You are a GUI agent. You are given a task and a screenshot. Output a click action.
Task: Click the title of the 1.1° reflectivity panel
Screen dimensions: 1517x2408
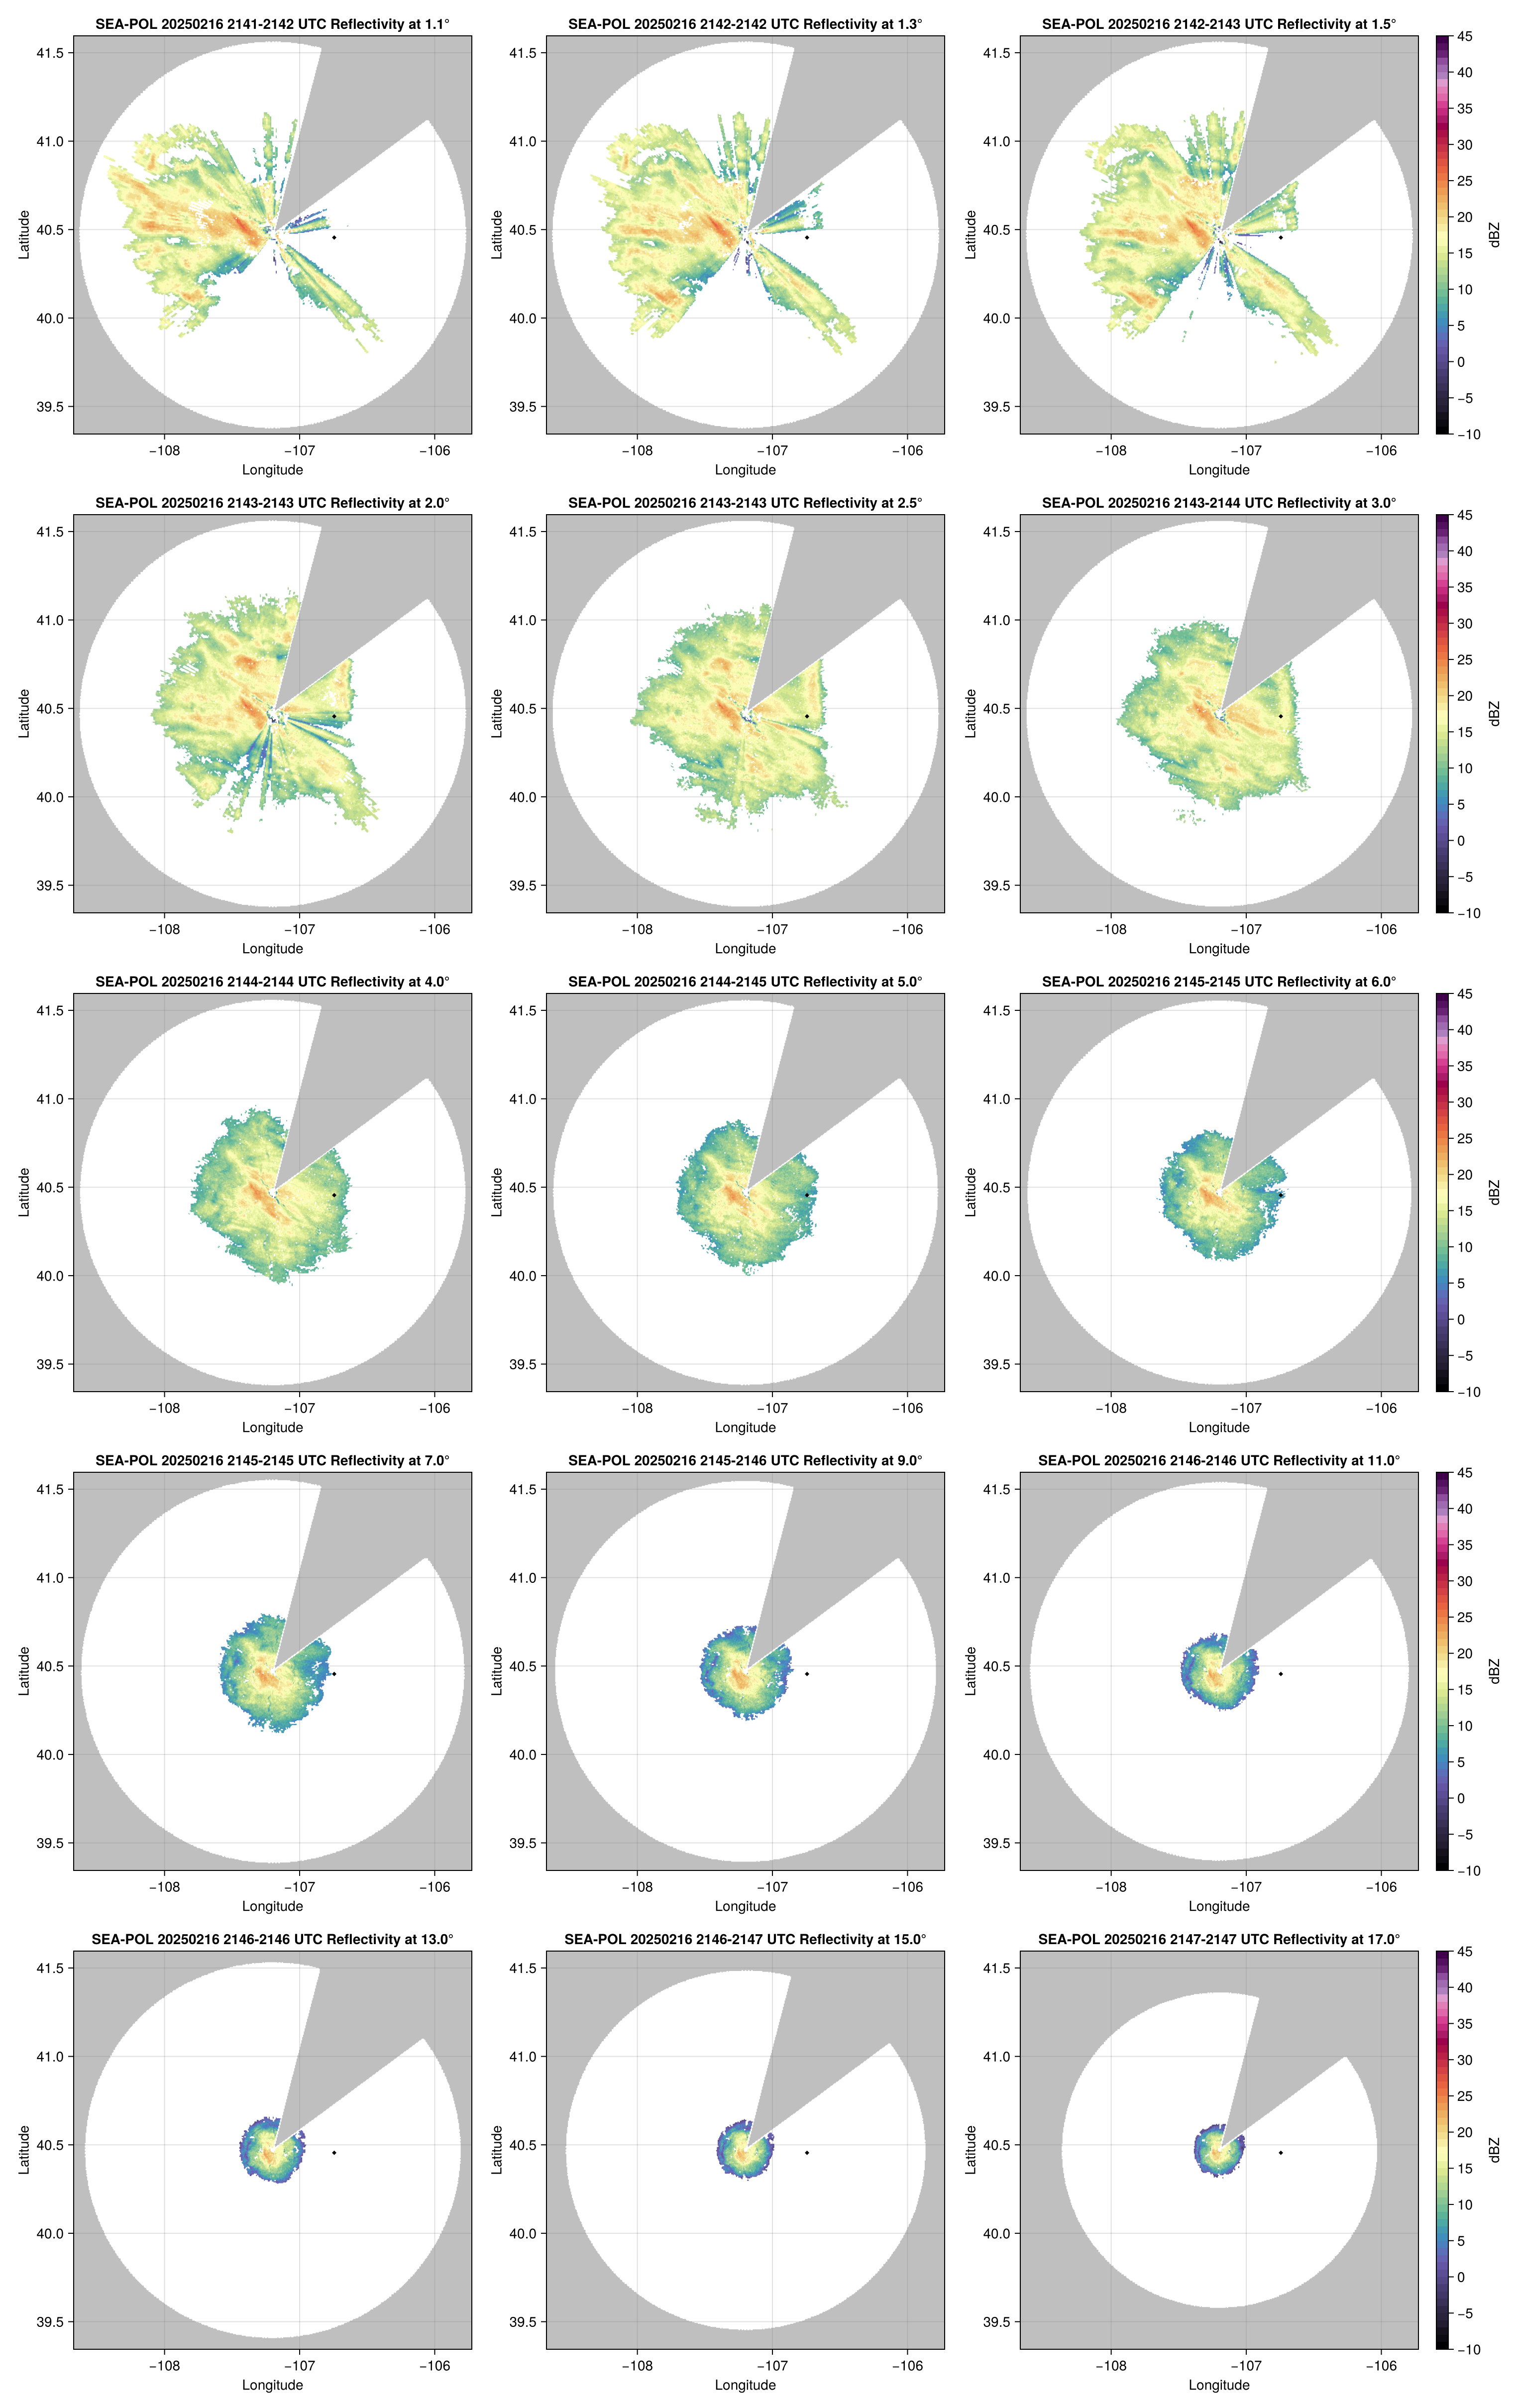point(272,24)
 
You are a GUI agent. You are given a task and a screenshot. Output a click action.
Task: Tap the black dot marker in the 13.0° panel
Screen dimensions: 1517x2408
point(334,2152)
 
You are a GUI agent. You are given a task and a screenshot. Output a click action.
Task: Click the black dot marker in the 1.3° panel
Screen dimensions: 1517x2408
point(807,237)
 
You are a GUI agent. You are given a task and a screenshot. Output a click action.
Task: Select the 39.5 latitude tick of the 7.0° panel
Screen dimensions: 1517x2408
point(50,1843)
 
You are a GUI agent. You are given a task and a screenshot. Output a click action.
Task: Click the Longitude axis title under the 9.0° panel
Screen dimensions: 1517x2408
point(745,1906)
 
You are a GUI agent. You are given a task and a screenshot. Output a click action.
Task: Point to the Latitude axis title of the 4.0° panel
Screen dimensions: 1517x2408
point(24,1192)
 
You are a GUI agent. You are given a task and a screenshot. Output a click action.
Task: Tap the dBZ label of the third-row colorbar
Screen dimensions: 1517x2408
point(1494,1192)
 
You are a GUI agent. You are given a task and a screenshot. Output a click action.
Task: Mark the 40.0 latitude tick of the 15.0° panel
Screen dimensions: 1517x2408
point(523,2233)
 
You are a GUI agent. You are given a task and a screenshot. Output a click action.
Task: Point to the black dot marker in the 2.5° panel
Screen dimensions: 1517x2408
point(807,716)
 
